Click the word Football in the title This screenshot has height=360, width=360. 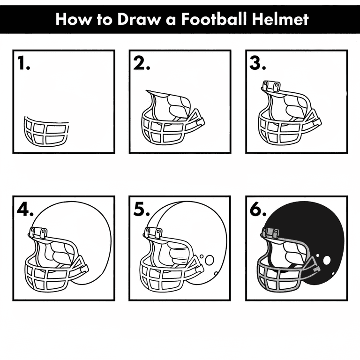(214, 19)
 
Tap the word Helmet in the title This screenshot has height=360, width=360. (280, 19)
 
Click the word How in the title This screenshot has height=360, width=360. (73, 19)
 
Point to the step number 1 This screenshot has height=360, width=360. (23, 63)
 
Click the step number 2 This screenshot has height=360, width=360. (142, 63)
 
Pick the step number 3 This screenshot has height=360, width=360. (258, 63)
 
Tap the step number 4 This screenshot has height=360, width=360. (25, 210)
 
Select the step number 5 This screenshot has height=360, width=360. (142, 210)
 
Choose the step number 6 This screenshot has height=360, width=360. (258, 210)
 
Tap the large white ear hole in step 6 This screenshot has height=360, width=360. (327, 260)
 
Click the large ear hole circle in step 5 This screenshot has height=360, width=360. (210, 260)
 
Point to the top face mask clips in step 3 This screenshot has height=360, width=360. (271, 86)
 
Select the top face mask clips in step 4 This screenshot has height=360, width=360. (38, 232)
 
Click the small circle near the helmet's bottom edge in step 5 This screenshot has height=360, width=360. (216, 273)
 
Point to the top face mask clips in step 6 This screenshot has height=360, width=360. (271, 233)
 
